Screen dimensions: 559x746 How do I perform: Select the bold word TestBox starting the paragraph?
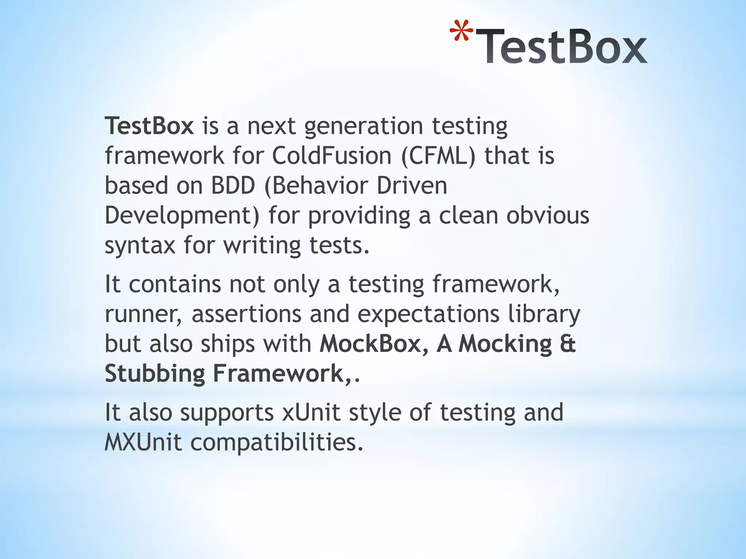[x=149, y=126]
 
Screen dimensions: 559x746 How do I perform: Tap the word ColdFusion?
[x=331, y=156]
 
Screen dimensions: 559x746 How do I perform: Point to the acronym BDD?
[x=233, y=186]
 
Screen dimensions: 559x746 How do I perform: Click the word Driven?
[x=412, y=186]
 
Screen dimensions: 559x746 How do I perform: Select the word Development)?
[x=182, y=215]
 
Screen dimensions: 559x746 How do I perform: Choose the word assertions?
[x=246, y=314]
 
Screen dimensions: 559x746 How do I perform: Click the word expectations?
[x=428, y=314]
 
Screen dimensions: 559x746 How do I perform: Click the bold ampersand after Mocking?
[x=568, y=344]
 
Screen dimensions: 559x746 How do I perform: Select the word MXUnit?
[x=143, y=443]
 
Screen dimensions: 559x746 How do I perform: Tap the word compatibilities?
[x=277, y=443]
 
